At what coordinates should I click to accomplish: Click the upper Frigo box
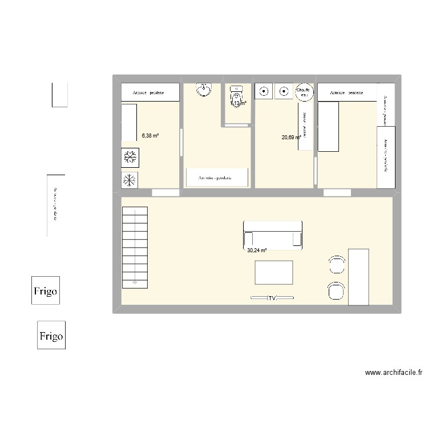coord(45,290)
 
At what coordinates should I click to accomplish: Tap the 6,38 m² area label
coord(150,136)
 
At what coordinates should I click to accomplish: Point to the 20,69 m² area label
coord(291,137)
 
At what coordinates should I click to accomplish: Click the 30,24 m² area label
coord(257,250)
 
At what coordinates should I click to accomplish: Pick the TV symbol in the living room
coord(272,298)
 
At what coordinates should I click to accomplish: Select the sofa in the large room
coord(272,234)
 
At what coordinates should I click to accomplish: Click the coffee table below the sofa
coord(274,272)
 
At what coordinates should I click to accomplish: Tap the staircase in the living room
coord(135,247)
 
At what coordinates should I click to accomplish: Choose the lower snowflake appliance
coord(130,180)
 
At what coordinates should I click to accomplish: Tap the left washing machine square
coord(264,91)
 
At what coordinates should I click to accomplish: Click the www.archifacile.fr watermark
coord(394,373)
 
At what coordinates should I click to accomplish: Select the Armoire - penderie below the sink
coord(217,177)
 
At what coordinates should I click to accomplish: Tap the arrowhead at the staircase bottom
coord(135,281)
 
